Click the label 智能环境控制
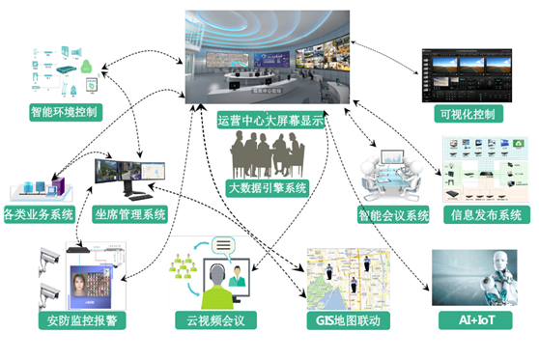67,113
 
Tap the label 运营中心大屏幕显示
269,121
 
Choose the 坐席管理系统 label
131,213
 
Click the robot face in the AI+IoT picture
496,274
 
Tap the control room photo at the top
269,58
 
